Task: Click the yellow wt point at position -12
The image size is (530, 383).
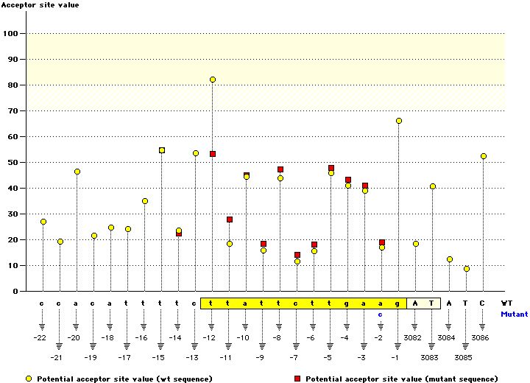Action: click(x=213, y=80)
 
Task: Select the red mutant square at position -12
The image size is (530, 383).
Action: click(x=213, y=154)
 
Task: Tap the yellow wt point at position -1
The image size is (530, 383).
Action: click(x=399, y=121)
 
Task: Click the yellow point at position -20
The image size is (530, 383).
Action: click(x=77, y=172)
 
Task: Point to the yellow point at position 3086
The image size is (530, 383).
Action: click(x=484, y=156)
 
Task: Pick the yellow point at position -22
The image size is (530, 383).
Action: click(x=43, y=222)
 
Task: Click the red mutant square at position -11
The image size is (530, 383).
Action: click(x=230, y=219)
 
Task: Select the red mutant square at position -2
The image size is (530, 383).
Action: click(x=382, y=242)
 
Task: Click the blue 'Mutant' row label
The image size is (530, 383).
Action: click(x=514, y=314)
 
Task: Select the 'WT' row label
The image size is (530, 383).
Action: click(x=506, y=303)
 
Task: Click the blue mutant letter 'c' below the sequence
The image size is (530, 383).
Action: click(x=381, y=314)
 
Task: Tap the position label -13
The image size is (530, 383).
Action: click(x=192, y=357)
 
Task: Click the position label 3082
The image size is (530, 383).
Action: click(x=414, y=337)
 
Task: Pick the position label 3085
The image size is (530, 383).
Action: click(x=466, y=357)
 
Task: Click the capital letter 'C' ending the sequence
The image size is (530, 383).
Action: click(x=483, y=303)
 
